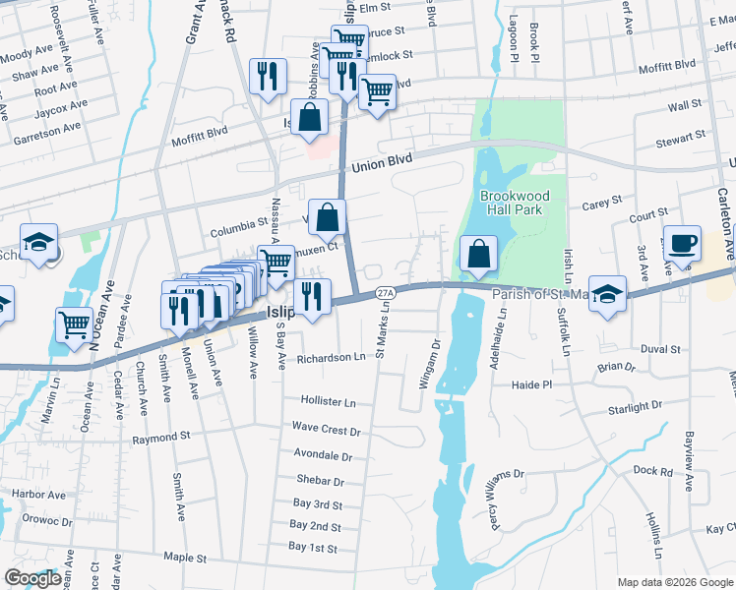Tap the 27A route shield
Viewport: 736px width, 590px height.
click(x=386, y=293)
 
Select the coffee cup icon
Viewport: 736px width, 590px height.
click(x=681, y=244)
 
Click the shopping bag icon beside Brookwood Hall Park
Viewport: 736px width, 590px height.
click(x=477, y=255)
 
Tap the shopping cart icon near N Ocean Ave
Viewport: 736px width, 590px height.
click(x=75, y=325)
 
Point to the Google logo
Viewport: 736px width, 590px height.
click(x=31, y=578)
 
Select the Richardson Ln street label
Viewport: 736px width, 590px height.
click(x=332, y=357)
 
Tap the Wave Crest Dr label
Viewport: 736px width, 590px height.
click(x=327, y=430)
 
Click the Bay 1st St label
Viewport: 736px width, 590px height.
click(x=314, y=547)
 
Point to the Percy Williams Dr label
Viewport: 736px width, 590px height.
click(x=486, y=509)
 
